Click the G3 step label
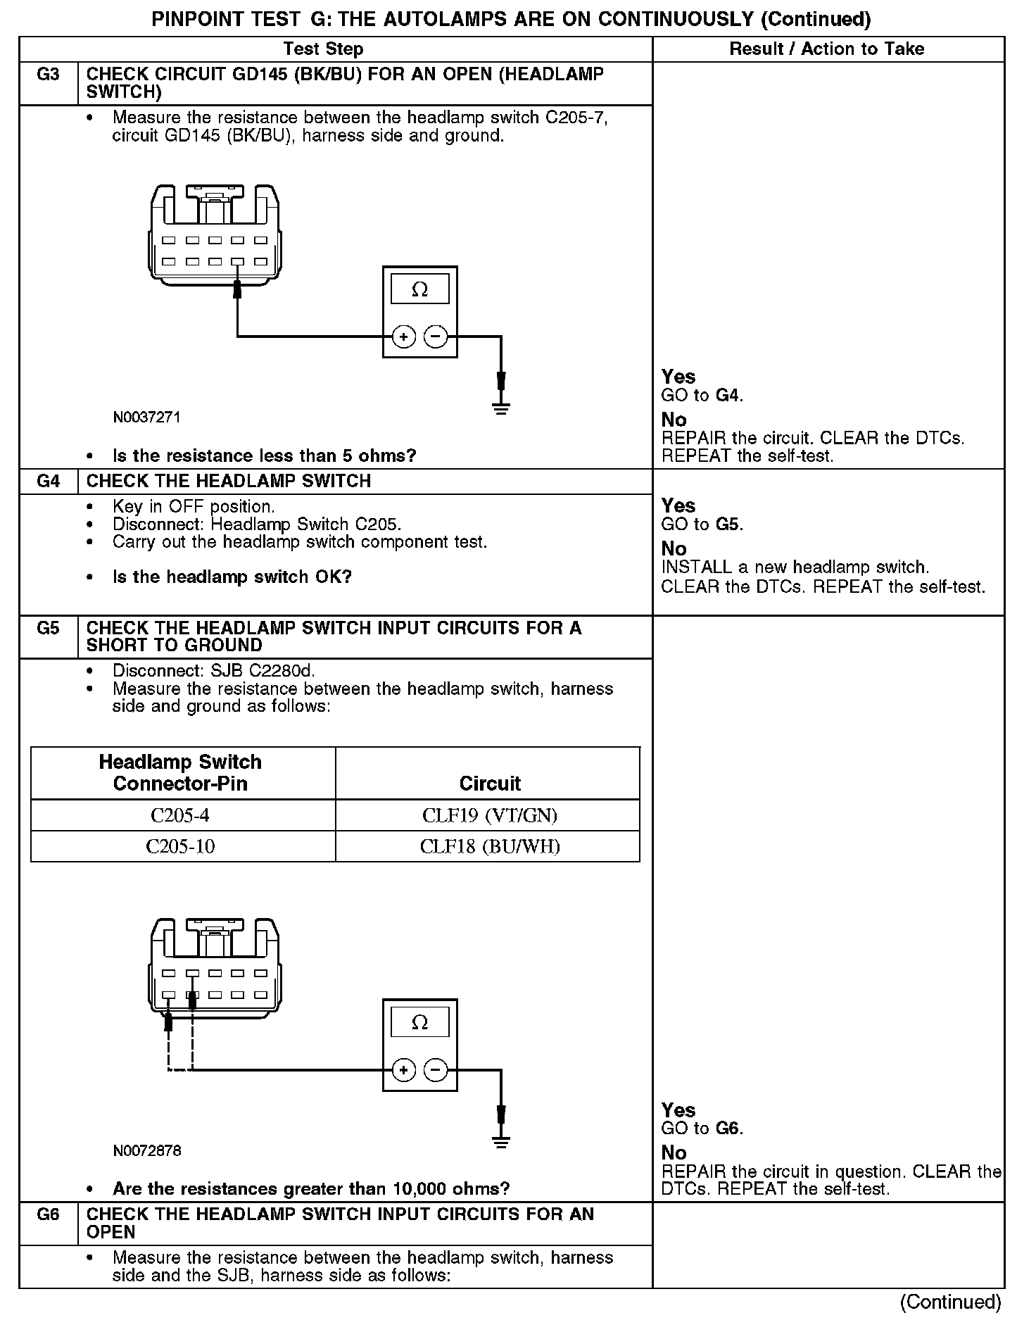click(48, 75)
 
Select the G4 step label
click(48, 482)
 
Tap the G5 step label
click(48, 628)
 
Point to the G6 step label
click(48, 1214)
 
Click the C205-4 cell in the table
click(180, 815)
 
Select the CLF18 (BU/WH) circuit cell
click(490, 846)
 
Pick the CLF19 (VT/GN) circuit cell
click(490, 815)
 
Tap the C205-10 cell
click(180, 846)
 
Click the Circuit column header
click(490, 784)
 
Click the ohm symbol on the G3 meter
click(419, 289)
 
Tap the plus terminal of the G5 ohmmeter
click(403, 1071)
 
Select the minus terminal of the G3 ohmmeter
click(436, 337)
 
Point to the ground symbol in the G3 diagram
click(501, 407)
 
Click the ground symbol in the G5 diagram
click(501, 1141)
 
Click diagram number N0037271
click(146, 417)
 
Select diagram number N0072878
click(146, 1151)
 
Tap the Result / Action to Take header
click(826, 49)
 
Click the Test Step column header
click(323, 49)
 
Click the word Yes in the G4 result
click(678, 505)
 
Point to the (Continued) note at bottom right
click(950, 1302)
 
